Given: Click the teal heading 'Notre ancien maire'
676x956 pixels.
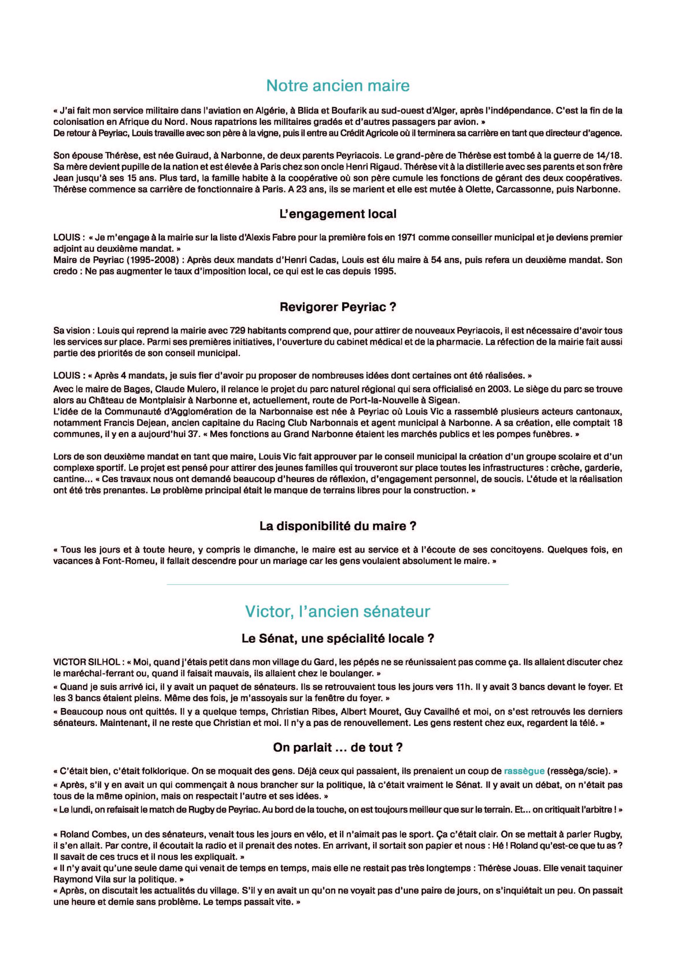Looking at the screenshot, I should click(x=338, y=86).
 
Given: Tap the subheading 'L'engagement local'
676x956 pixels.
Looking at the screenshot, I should click(x=338, y=214).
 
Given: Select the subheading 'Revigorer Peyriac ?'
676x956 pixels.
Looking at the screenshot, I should click(x=338, y=307).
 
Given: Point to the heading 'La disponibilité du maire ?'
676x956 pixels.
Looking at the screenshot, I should click(x=338, y=526).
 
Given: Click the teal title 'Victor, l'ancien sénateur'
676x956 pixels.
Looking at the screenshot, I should click(x=338, y=611).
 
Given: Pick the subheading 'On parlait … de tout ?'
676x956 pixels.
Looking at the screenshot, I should click(x=338, y=747).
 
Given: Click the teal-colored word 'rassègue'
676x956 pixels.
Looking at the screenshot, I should click(x=524, y=771).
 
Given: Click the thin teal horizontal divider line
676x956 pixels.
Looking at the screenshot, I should click(x=338, y=584).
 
